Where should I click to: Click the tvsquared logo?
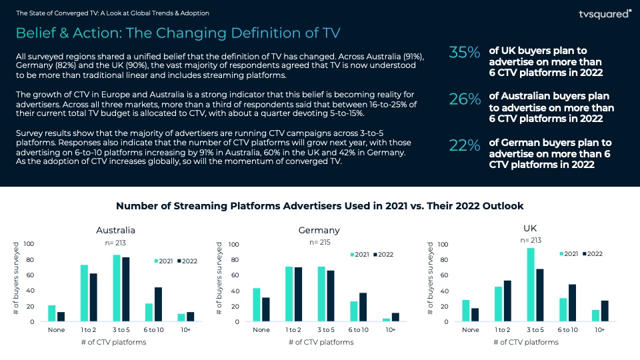[605, 13]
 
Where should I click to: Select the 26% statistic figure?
[465, 99]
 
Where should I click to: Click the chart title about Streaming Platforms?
[320, 206]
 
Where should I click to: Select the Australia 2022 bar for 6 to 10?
[158, 304]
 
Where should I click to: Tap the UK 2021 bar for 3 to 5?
[531, 285]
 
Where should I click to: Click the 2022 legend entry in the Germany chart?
[383, 255]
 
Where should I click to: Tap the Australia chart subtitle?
[115, 231]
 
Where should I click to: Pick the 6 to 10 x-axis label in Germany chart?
[358, 330]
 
